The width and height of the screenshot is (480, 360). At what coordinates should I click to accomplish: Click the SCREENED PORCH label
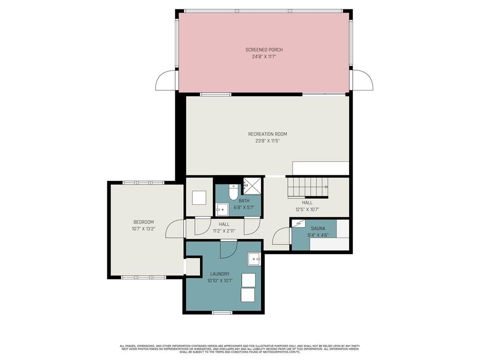[264, 50]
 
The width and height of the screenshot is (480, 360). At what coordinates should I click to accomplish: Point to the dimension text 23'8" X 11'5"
[268, 141]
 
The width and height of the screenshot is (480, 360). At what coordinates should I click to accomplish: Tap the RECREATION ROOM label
[268, 134]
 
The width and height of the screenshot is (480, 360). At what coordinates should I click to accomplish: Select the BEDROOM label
[143, 222]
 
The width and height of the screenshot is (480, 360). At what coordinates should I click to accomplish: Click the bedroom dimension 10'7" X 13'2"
[143, 229]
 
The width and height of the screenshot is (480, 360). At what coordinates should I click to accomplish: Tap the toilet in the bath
[233, 192]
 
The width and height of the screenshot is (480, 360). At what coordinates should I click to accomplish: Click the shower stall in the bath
[252, 186]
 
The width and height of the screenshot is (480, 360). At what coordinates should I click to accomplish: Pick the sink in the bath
[222, 210]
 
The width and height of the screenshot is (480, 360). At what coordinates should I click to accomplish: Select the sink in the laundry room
[254, 259]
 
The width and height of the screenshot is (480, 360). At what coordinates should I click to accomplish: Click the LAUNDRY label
[220, 274]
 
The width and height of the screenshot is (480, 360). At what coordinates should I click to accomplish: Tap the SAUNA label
[318, 228]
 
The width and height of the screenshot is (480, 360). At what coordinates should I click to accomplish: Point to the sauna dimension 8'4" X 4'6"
[318, 235]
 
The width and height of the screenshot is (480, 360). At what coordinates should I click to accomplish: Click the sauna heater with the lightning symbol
[299, 224]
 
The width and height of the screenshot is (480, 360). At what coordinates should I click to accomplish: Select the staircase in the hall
[308, 187]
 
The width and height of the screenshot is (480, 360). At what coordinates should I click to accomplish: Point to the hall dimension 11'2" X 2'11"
[224, 231]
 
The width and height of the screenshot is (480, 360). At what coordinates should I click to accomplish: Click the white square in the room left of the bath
[199, 198]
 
